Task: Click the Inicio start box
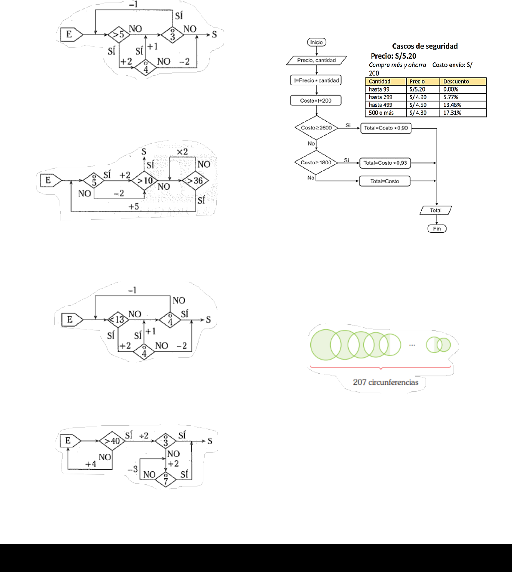point(316,42)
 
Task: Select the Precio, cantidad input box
point(316,60)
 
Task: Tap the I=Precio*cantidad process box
point(316,80)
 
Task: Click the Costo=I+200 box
point(316,101)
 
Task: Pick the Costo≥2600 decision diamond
point(316,128)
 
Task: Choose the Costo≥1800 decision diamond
point(316,163)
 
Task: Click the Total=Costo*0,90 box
point(386,128)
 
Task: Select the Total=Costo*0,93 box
point(385,163)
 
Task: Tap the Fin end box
point(437,229)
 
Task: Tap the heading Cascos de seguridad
point(425,46)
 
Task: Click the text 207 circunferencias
point(386,382)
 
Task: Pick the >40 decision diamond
point(112,441)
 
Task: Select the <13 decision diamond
point(118,320)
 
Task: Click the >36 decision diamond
point(195,180)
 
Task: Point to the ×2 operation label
point(182,152)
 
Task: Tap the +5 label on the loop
point(134,207)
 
